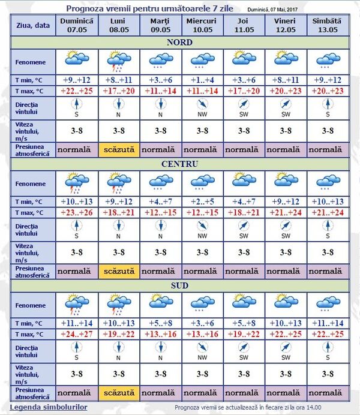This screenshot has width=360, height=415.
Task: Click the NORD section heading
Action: (x=179, y=43)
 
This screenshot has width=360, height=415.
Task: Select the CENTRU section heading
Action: (x=179, y=164)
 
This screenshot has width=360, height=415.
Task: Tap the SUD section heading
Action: (x=179, y=285)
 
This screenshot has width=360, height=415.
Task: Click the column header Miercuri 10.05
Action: (x=202, y=25)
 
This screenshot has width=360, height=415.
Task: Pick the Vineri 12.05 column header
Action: (x=285, y=25)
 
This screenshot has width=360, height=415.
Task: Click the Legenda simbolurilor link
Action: (x=49, y=407)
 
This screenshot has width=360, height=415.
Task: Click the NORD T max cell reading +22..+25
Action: (x=77, y=91)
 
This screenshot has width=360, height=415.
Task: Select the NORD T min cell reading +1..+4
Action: (x=202, y=80)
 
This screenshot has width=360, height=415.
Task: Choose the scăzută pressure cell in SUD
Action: (x=119, y=393)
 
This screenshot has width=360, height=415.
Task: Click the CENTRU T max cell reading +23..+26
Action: (x=77, y=212)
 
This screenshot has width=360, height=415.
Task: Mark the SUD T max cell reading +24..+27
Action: (x=77, y=334)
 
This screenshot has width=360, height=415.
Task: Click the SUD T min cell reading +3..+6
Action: (x=202, y=323)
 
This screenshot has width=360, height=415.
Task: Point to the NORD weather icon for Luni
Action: (x=119, y=60)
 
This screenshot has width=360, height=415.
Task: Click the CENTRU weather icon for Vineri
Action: (x=285, y=181)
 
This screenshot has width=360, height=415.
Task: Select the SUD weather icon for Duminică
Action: (x=77, y=303)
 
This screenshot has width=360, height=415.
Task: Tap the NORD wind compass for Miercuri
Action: (x=202, y=106)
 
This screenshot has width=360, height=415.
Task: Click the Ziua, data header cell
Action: (x=33, y=25)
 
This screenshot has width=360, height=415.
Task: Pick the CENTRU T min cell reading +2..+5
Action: (x=202, y=202)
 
